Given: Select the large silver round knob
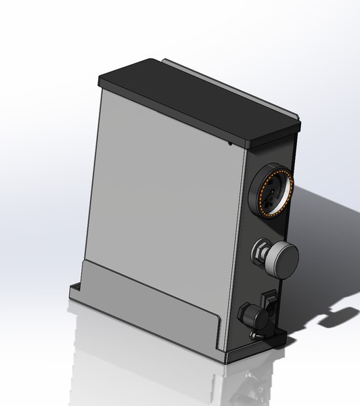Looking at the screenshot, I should point(282,258).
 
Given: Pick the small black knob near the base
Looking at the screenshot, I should point(249,314).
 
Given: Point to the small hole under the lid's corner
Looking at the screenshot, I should point(231,144).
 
